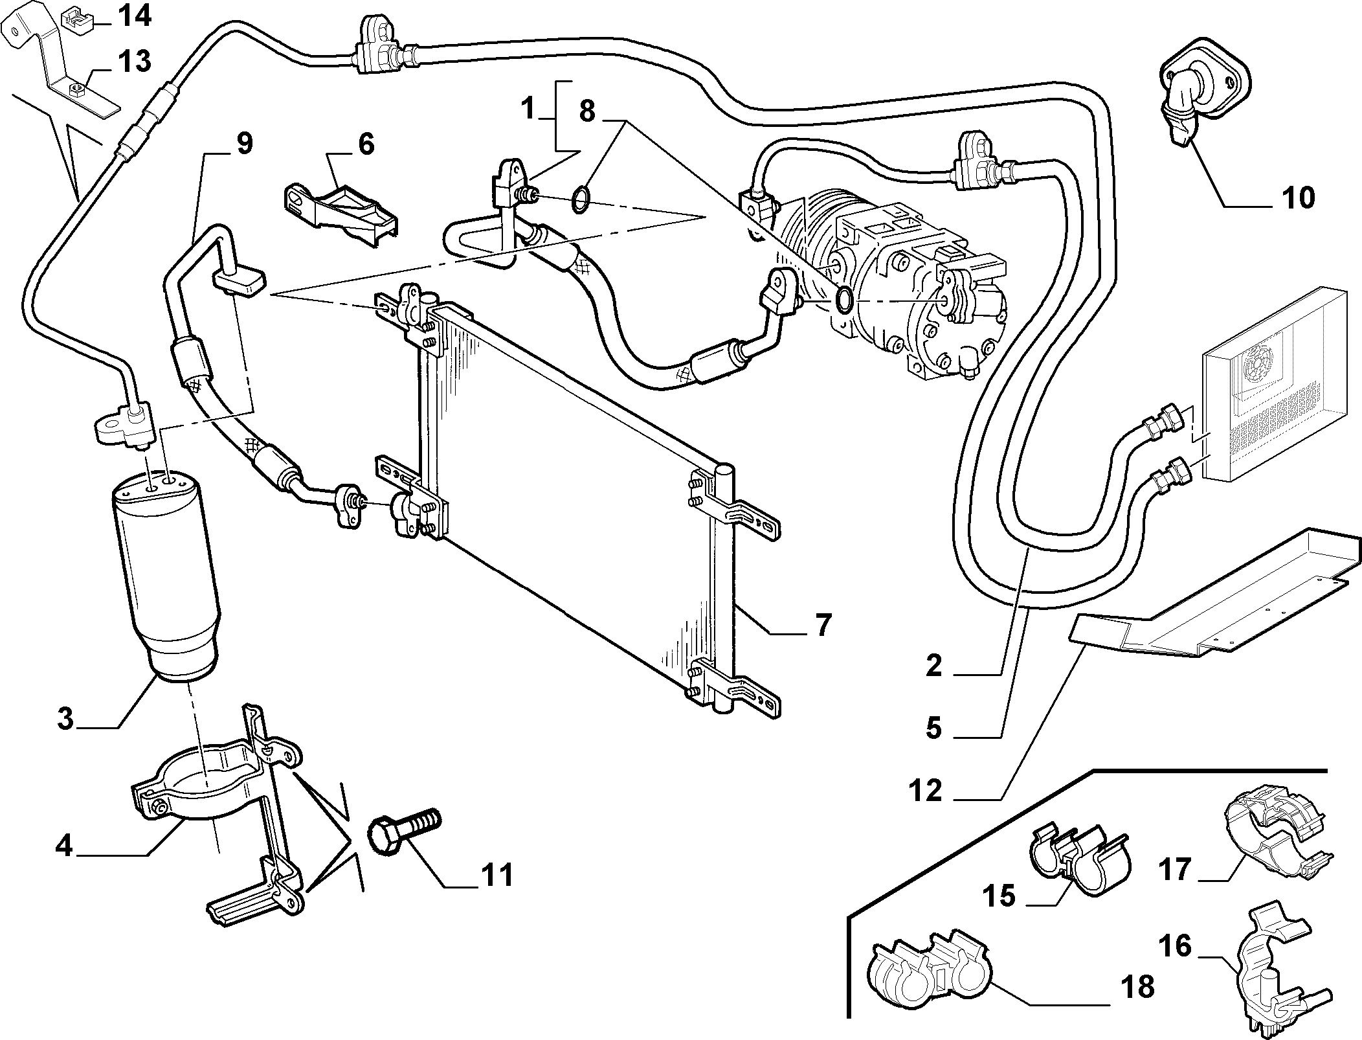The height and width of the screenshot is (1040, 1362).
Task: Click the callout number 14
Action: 134,16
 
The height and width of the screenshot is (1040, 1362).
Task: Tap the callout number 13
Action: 134,62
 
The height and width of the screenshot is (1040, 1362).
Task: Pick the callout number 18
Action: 1136,987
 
